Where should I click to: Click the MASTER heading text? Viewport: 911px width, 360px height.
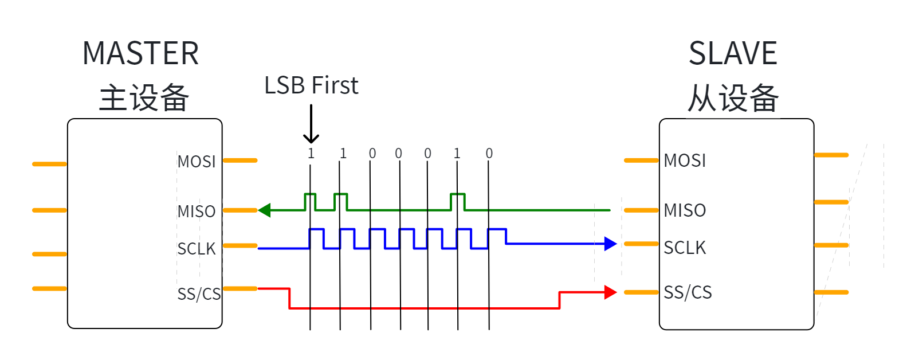140,53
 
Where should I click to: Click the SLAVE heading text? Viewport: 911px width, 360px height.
733,53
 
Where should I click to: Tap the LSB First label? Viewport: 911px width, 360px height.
311,85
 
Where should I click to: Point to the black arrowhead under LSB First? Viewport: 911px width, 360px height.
311,138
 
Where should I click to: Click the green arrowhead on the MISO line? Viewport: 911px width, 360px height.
264,210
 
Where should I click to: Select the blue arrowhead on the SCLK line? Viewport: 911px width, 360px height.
611,244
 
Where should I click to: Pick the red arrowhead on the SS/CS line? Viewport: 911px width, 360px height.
611,292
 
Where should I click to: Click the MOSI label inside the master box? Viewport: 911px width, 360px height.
197,162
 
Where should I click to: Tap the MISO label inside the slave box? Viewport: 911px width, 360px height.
685,211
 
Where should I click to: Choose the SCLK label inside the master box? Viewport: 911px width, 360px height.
197,249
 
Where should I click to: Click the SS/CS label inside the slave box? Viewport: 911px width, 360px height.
688,292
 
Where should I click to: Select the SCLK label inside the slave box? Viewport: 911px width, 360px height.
685,248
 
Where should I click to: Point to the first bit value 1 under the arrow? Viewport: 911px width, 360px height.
311,154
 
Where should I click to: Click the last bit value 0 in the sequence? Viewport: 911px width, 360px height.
489,154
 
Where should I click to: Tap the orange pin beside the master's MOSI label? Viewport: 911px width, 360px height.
241,161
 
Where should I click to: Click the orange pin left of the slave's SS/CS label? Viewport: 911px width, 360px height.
641,292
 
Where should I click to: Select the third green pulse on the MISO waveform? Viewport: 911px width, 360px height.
458,194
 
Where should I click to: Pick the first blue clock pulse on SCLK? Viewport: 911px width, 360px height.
316,229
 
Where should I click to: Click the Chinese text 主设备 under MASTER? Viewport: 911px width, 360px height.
144,98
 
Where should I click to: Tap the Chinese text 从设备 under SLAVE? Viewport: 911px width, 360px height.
733,98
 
